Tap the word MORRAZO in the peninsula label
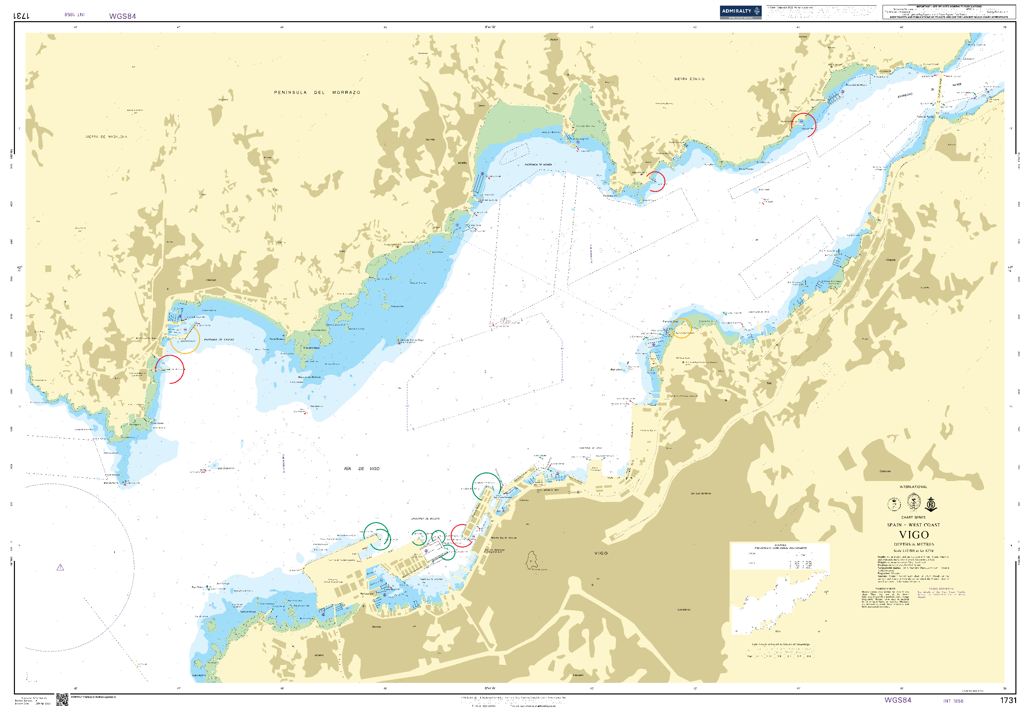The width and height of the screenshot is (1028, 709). pos(346,92)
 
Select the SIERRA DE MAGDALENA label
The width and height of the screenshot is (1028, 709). pos(106,137)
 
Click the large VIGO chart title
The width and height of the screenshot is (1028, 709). pos(913,535)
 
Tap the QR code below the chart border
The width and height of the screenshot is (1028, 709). pos(62,700)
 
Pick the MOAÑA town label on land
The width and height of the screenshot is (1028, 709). pos(462,163)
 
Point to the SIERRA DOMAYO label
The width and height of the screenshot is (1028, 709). pos(689,79)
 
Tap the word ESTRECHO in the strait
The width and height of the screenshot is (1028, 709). pos(905,96)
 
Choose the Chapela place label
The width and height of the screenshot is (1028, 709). pos(890,260)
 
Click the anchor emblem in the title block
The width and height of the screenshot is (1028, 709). pos(931,504)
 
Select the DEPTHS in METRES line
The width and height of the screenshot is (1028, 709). pos(914,544)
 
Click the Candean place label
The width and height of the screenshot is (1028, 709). pos(885,471)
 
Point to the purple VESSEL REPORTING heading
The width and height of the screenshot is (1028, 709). pos(941,589)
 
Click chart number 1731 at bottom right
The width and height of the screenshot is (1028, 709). pos(1008,700)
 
